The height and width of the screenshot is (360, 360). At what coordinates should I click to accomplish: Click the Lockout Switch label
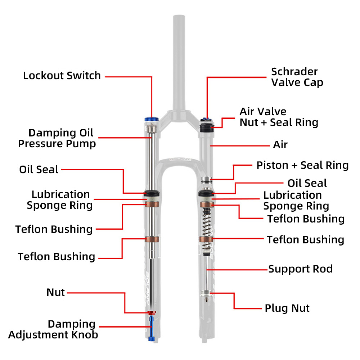pos(62,76)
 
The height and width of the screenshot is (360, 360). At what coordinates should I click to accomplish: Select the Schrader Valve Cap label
pos(297,77)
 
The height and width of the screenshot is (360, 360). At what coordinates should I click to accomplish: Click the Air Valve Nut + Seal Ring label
pos(279,117)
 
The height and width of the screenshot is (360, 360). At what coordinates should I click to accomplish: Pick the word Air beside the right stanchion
pos(280,145)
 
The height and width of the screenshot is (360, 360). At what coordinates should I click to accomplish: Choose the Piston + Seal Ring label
pos(302,166)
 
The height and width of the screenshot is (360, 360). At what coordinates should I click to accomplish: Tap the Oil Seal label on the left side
pos(39,170)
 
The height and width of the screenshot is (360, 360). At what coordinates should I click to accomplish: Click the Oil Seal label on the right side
pos(307,183)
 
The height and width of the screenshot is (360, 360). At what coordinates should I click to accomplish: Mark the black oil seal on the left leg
pos(151,193)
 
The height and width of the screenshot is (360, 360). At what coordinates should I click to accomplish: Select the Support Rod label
pos(300,269)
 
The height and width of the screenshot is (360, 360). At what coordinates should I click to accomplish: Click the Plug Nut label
pos(287,309)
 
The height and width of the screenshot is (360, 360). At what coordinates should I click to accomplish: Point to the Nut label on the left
pos(56,292)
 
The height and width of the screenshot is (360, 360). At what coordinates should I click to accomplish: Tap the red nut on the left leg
pos(152,312)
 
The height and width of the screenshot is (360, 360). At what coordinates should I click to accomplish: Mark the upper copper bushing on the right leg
pos(207,205)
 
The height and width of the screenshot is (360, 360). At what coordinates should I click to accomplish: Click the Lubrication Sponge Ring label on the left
pos(60,200)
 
